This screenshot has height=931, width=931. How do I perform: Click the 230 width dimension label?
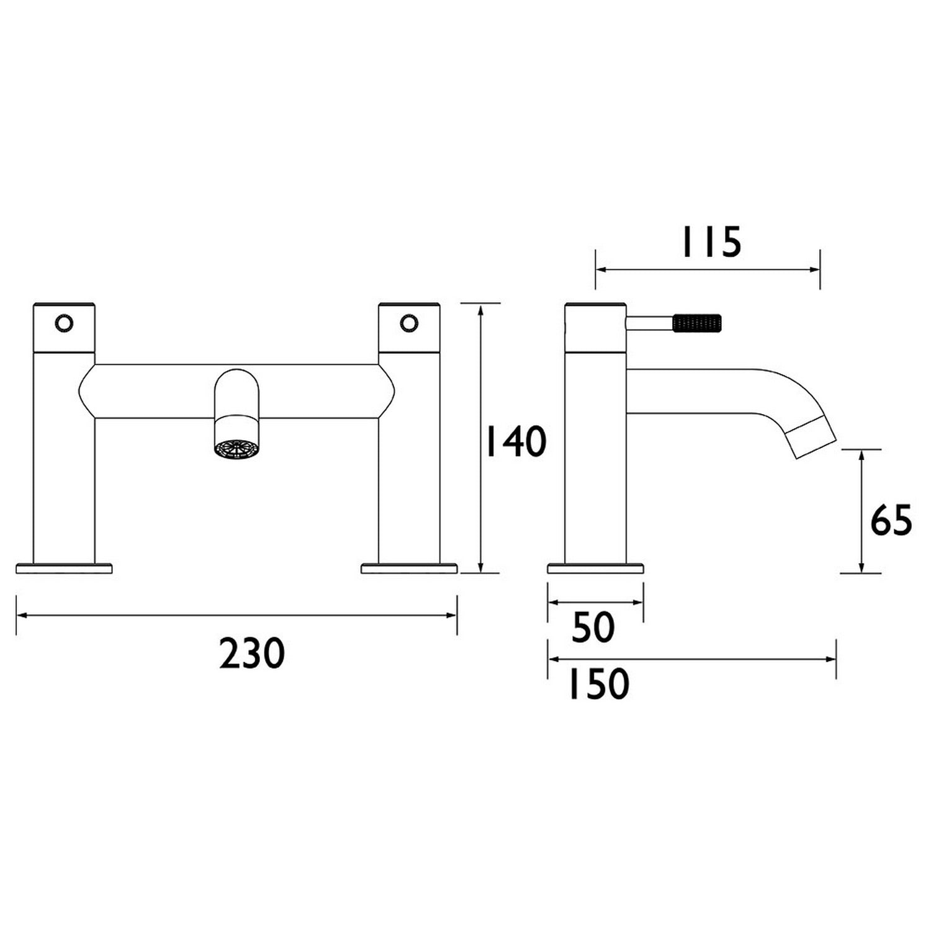pyautogui.click(x=252, y=654)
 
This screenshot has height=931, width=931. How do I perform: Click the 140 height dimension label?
pyautogui.click(x=515, y=441)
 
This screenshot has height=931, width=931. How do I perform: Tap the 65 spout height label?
pyautogui.click(x=891, y=520)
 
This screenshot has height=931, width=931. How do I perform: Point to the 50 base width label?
pyautogui.click(x=593, y=627)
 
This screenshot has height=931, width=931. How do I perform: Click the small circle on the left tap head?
pyautogui.click(x=64, y=323)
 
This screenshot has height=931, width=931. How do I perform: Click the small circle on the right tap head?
pyautogui.click(x=408, y=323)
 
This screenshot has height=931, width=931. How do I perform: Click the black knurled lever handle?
pyautogui.click(x=698, y=323)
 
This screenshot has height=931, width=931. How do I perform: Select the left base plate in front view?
pyautogui.click(x=64, y=568)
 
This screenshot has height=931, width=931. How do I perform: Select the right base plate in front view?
pyautogui.click(x=409, y=568)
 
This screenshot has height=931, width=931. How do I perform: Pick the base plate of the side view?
pyautogui.click(x=595, y=568)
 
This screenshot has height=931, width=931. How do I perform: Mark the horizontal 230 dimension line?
pyautogui.click(x=236, y=615)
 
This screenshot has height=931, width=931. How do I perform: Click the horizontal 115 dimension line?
pyautogui.click(x=708, y=269)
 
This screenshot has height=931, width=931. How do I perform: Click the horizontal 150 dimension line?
pyautogui.click(x=691, y=659)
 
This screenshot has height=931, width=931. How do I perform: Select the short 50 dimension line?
pyautogui.click(x=595, y=602)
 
